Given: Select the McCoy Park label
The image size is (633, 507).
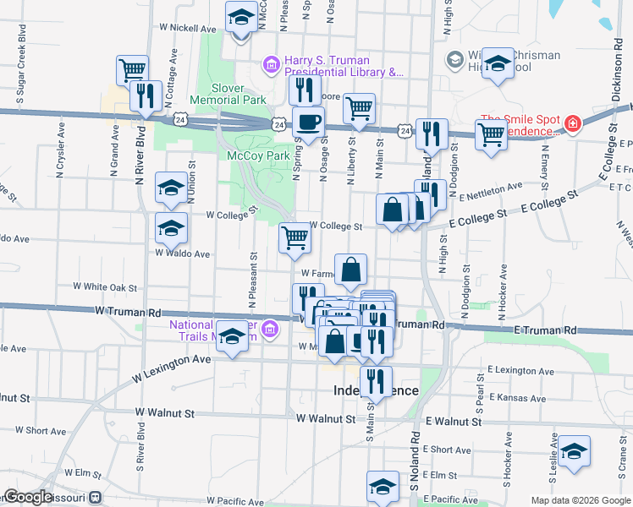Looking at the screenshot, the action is (x=259, y=155).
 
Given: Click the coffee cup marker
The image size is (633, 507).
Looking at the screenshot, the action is (x=309, y=121).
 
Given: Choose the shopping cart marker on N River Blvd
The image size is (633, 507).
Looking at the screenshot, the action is (x=133, y=70).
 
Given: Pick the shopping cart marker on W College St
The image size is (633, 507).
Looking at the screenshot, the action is (x=294, y=237).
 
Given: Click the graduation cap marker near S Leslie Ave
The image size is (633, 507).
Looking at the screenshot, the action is (x=574, y=452).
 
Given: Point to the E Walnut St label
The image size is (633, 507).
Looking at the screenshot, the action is (x=454, y=421).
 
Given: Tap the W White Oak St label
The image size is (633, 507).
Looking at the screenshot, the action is (x=106, y=287).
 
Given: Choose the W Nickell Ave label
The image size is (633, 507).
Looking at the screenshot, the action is (x=188, y=28).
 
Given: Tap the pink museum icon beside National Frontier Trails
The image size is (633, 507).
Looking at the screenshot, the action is (x=270, y=328).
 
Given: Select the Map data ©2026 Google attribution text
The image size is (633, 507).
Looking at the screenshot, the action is (x=580, y=500).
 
